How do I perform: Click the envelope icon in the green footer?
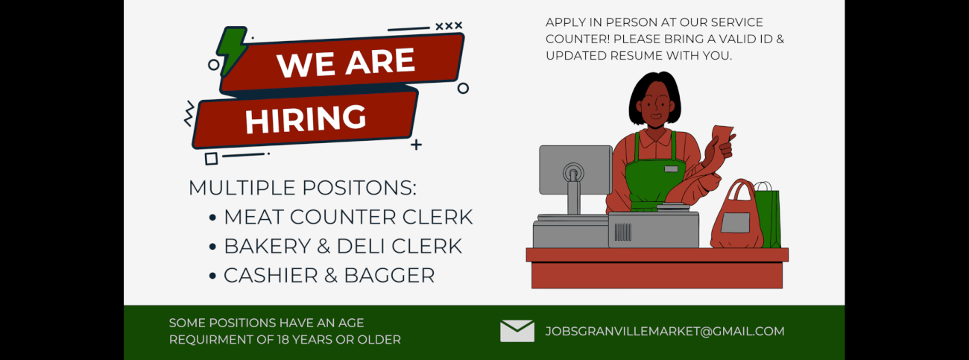(517, 331)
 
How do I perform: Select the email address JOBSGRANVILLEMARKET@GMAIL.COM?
(664, 332)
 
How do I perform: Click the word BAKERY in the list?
(268, 246)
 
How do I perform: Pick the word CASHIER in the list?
(271, 276)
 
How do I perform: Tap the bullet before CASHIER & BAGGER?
(212, 276)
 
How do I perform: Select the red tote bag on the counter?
(737, 215)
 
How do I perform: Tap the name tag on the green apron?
(671, 168)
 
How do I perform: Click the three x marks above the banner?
(449, 26)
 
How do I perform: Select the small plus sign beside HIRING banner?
(416, 145)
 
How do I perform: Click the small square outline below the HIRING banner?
(211, 159)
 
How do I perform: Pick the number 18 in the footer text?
(283, 340)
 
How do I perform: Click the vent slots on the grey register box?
(623, 232)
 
